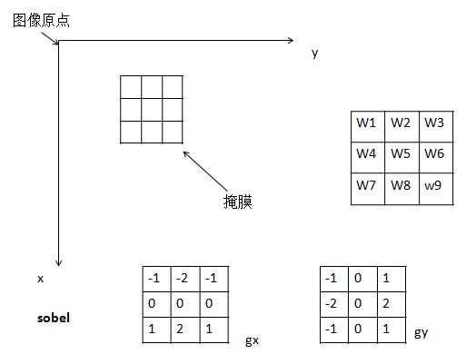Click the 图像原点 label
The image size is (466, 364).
(41, 21)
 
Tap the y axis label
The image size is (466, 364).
(315, 54)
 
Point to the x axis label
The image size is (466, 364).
(40, 279)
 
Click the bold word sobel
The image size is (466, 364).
(54, 318)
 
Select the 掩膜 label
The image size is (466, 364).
(238, 202)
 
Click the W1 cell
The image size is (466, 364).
(368, 126)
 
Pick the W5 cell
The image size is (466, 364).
(402, 157)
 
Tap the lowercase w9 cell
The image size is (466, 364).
(436, 189)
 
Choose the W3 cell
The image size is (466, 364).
(436, 126)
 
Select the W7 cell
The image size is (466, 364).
(368, 189)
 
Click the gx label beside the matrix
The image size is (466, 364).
(252, 340)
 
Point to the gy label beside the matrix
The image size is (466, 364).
(421, 332)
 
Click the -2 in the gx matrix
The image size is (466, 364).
(182, 278)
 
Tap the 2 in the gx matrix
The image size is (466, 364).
(180, 329)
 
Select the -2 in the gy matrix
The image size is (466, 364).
(331, 303)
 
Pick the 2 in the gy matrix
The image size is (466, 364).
(386, 303)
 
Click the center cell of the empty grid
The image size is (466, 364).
(152, 110)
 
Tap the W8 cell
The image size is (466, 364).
(402, 189)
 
